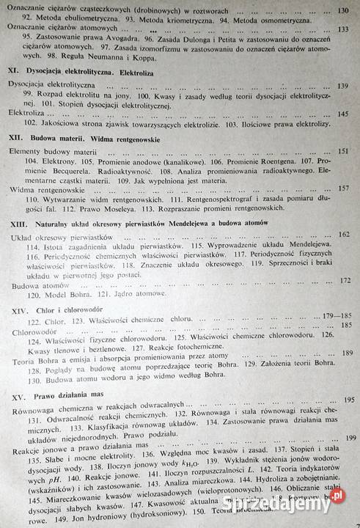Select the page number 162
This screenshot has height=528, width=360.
coord(345,233)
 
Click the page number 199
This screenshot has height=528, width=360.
coord(350,437)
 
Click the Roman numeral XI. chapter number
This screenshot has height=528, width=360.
coord(12,72)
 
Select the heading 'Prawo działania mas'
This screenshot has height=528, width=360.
coord(70,396)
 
